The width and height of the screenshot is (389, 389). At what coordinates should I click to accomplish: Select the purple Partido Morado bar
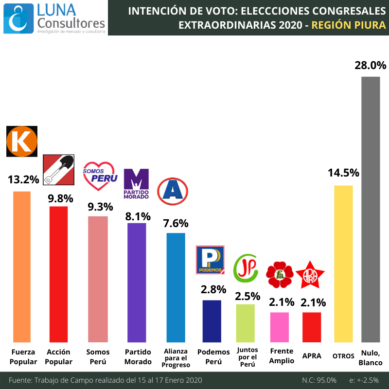coord(137,283)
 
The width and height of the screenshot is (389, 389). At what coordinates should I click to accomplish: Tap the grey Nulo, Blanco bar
coord(371,209)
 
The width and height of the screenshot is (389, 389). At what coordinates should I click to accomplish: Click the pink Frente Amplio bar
coord(280,327)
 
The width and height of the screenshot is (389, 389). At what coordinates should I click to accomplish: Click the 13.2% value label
coord(23,179)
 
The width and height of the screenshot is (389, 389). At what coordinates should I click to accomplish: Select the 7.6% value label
coord(176,223)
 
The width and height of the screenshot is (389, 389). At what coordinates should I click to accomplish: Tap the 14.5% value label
coord(343,173)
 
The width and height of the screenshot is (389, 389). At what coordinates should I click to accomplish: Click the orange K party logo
coord(21,141)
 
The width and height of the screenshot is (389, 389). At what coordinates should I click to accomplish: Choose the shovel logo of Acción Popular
coord(59,170)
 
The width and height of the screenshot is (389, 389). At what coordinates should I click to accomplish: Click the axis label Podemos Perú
coord(213,356)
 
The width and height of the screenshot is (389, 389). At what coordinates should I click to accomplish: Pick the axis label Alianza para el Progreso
coord(176,358)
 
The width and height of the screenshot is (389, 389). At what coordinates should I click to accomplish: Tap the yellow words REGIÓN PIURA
coord(349,24)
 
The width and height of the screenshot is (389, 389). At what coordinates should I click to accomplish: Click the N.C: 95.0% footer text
coord(318,380)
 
